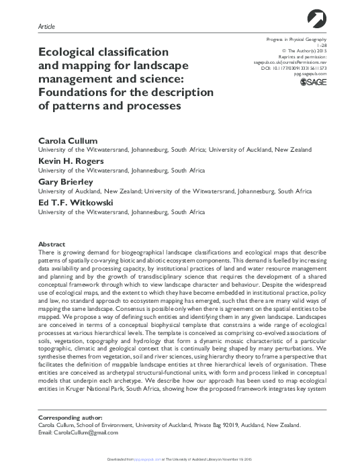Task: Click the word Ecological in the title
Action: (x=71, y=51)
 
